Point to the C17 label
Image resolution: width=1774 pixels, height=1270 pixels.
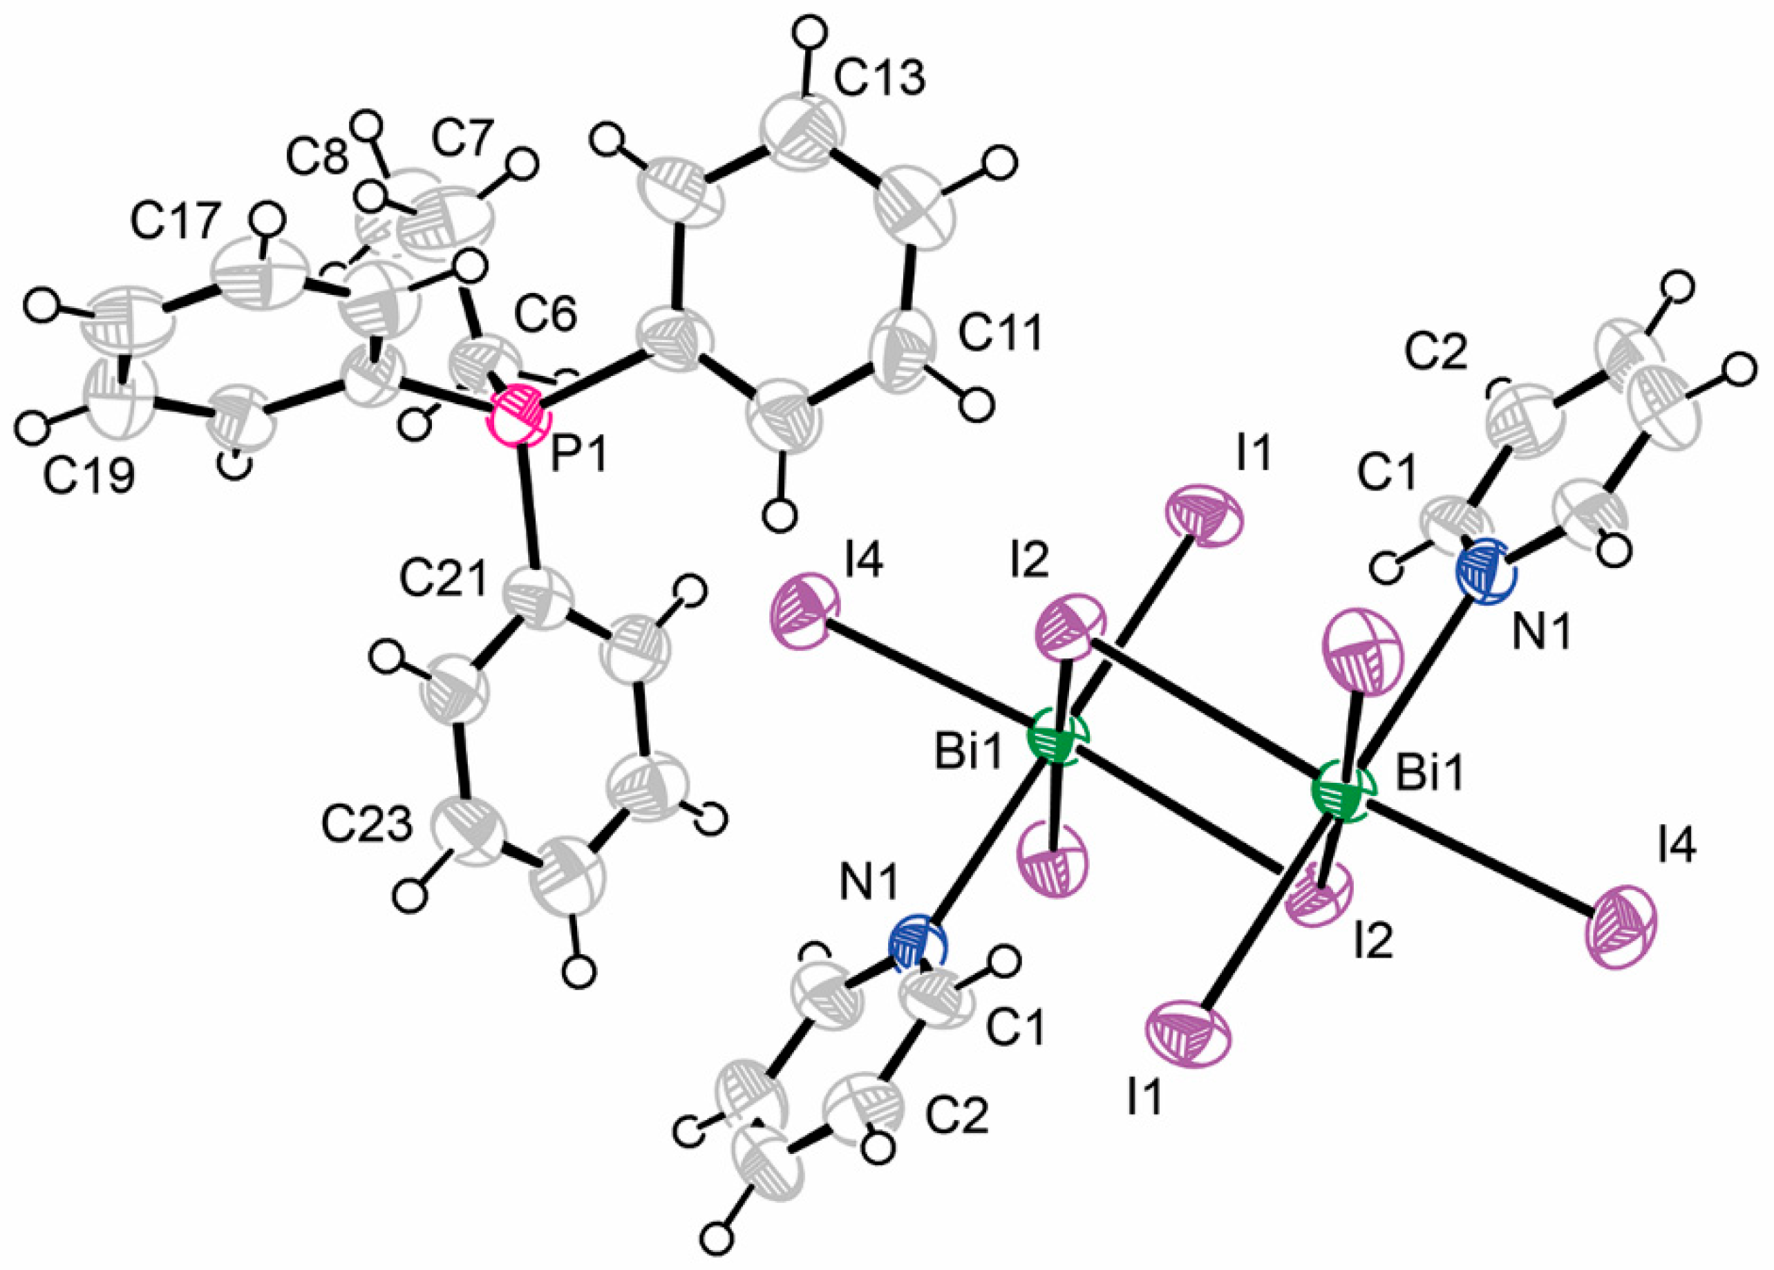pyautogui.click(x=173, y=224)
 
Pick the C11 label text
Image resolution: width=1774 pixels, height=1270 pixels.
pyautogui.click(x=1001, y=334)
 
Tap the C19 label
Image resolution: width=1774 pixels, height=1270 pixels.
pyautogui.click(x=88, y=476)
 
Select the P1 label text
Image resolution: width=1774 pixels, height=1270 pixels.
pyautogui.click(x=579, y=455)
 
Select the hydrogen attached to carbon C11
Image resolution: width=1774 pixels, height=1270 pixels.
pyautogui.click(x=974, y=404)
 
